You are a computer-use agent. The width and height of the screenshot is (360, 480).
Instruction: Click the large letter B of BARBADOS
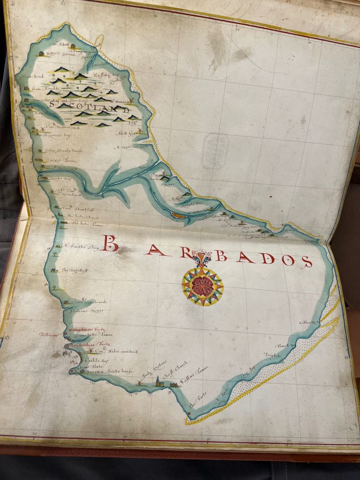pos(110,243)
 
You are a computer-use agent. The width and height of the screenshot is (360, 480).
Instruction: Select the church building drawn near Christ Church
pos(157,382)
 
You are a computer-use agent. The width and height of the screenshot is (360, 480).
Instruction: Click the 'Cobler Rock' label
pos(309,323)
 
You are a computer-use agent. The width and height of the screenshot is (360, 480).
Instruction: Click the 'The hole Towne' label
pos(83,223)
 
